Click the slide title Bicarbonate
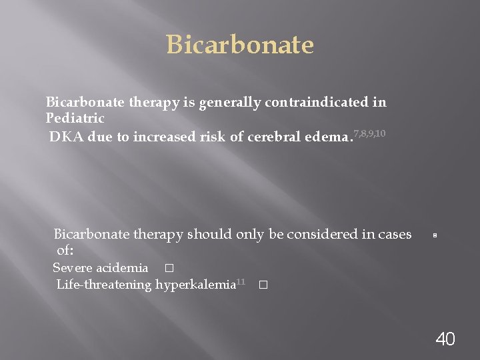pyautogui.click(x=239, y=45)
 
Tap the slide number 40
pyautogui.click(x=445, y=339)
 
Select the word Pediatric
pyautogui.click(x=75, y=118)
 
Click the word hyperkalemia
pyautogui.click(x=195, y=285)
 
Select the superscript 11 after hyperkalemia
pyautogui.click(x=241, y=282)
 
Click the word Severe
pyautogui.click(x=73, y=268)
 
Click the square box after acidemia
pyautogui.click(x=168, y=269)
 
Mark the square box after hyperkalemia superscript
pyautogui.click(x=262, y=285)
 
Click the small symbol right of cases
pyautogui.click(x=434, y=236)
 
